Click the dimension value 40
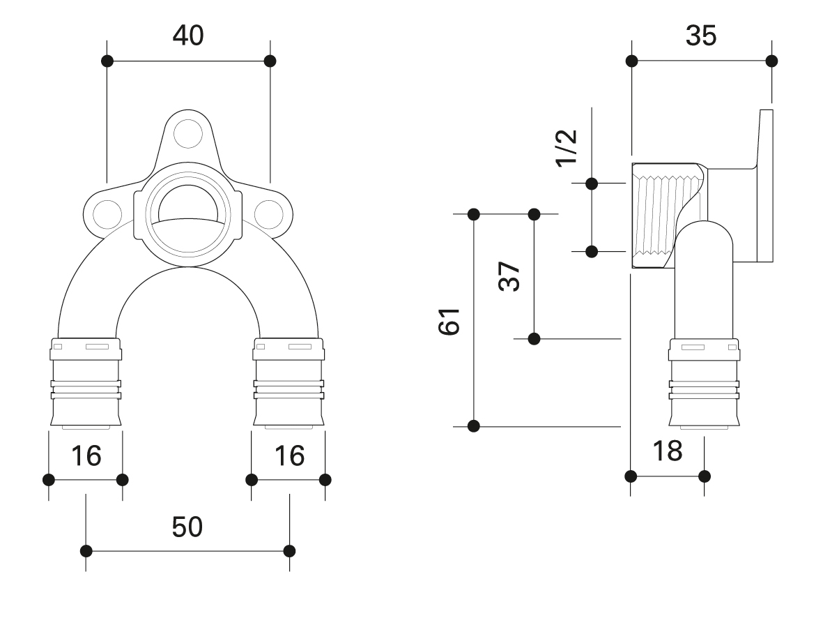tap(188, 35)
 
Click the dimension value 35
tap(701, 36)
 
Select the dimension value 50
tap(187, 527)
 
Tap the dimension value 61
tap(449, 322)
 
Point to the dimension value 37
tap(509, 276)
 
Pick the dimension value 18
tap(667, 451)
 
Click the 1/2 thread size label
tap(567, 148)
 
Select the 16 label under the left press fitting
tap(86, 455)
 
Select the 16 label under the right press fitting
tap(289, 455)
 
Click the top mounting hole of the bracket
tap(188, 133)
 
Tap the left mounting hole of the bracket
tap(107, 214)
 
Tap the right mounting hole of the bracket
tap(269, 214)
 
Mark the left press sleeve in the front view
tap(86, 382)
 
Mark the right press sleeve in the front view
tap(289, 382)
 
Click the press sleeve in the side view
tap(704, 382)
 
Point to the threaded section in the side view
tap(667, 216)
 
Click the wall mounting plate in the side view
tap(765, 186)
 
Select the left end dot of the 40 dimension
tap(107, 61)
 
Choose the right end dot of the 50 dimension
tap(289, 551)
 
